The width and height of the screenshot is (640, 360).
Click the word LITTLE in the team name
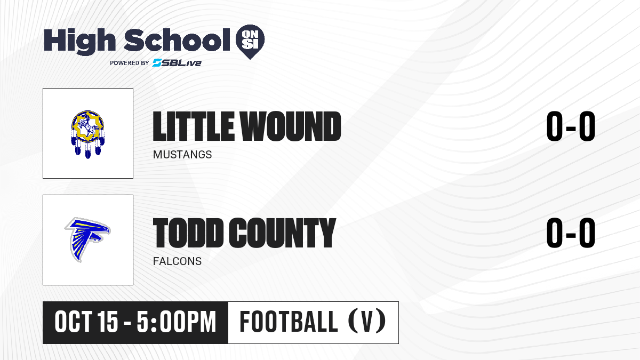tap(194, 126)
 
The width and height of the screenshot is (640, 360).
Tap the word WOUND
tap(290, 126)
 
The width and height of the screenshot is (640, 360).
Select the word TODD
tap(188, 233)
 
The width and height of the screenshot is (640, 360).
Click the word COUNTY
tap(282, 233)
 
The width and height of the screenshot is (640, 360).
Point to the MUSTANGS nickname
tap(182, 155)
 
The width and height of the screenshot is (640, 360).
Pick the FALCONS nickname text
tap(177, 261)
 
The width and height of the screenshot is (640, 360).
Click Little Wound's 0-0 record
tap(571, 126)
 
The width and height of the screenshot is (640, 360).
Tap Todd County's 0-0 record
tap(571, 233)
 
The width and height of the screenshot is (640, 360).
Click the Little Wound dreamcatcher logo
tap(87, 134)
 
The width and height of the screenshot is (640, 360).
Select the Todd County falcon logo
tap(87, 239)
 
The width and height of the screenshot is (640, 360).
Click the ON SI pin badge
tap(250, 42)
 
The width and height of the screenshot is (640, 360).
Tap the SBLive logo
tap(177, 63)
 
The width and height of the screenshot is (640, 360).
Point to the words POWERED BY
tap(130, 63)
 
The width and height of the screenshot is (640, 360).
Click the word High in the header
tap(79, 42)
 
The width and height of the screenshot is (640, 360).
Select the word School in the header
tap(177, 40)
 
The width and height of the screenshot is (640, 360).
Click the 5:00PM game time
tap(177, 322)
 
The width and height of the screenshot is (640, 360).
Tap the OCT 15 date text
tap(86, 322)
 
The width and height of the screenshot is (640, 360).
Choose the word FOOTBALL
tap(289, 322)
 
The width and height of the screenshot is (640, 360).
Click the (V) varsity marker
tap(367, 322)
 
